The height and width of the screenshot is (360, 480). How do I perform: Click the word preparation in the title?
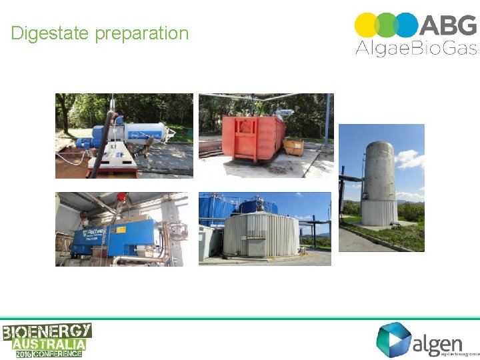coord(142,34)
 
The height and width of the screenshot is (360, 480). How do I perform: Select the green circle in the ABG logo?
coord(387,25)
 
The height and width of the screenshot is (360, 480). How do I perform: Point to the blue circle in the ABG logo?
coord(405,25)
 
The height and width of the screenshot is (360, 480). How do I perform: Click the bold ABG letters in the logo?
coord(448,25)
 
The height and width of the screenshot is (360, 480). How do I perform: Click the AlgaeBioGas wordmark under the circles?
coord(415,48)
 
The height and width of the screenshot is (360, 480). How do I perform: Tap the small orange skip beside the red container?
coord(293,147)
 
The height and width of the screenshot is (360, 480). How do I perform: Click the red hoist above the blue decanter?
coord(121,197)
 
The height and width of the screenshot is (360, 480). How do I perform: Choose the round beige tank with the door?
coord(261,235)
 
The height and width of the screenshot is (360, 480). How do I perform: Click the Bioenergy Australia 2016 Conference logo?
coord(47,340)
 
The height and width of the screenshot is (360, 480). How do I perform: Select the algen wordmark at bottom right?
coord(437,344)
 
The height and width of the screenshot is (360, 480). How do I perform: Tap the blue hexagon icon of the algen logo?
coord(392,339)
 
